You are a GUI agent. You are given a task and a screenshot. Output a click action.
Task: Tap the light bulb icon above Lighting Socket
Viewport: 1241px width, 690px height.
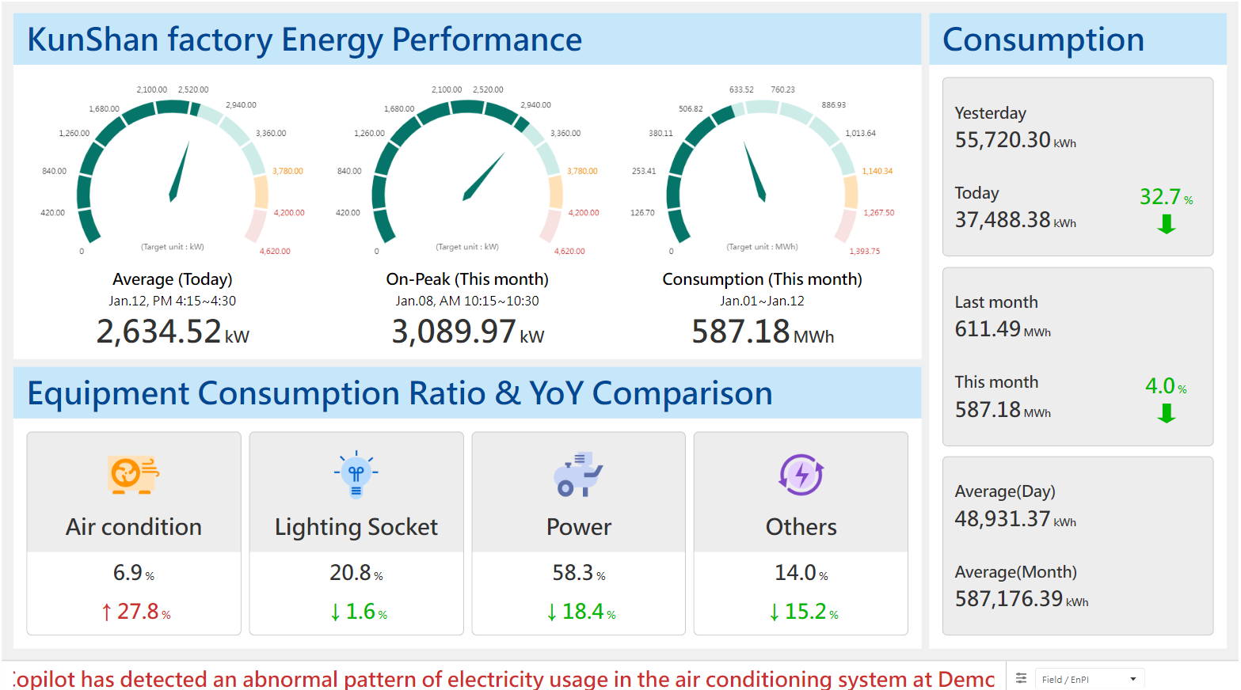click(x=356, y=475)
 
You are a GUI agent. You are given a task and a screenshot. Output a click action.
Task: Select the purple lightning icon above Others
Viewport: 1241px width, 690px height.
click(x=801, y=475)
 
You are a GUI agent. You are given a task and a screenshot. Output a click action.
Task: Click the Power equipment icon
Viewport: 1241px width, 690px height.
click(x=578, y=475)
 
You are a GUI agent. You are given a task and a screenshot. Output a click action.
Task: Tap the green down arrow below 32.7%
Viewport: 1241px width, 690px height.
click(x=1166, y=224)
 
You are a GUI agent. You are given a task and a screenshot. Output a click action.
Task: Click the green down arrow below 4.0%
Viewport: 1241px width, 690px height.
click(x=1166, y=413)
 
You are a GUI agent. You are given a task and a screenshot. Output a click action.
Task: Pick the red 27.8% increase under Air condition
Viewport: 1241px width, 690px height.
click(x=135, y=612)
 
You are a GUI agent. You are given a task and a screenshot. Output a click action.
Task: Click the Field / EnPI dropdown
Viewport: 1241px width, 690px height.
click(x=1089, y=679)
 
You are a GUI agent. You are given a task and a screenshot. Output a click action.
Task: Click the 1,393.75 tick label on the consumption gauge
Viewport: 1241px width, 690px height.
click(x=864, y=252)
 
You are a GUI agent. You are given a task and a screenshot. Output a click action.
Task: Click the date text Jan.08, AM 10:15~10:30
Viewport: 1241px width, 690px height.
click(x=467, y=301)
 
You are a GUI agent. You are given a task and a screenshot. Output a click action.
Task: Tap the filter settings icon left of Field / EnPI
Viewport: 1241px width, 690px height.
click(x=1021, y=678)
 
